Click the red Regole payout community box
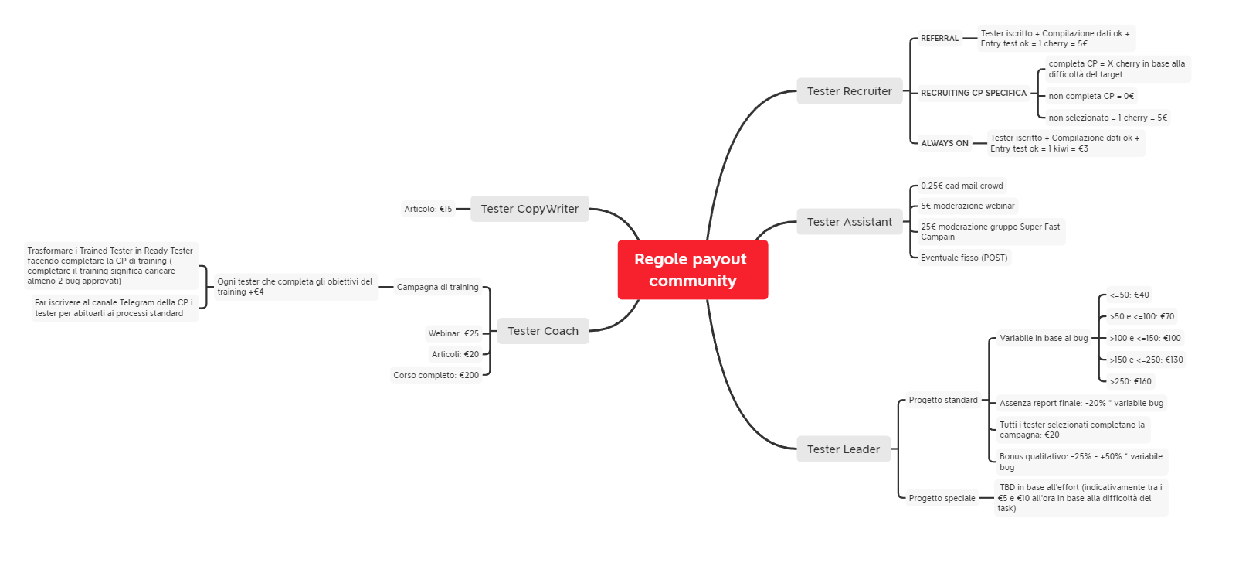(x=693, y=270)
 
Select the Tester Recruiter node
(x=849, y=90)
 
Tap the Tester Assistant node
(x=849, y=221)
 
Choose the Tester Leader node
(x=843, y=449)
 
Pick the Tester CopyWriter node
(x=529, y=209)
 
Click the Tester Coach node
(x=542, y=331)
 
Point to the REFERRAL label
(x=939, y=38)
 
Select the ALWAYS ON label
(x=944, y=143)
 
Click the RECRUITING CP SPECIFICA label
(x=973, y=93)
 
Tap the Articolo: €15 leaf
(x=428, y=210)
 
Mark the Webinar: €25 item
(x=453, y=333)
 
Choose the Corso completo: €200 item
(x=436, y=375)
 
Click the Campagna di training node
(x=437, y=287)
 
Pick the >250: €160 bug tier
(x=1130, y=381)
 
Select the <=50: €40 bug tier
(x=1129, y=295)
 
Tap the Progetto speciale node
(x=942, y=498)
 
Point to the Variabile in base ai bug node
(x=1044, y=338)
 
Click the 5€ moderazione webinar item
(x=967, y=206)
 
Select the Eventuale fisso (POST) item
(x=964, y=258)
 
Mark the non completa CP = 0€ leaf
(x=1091, y=97)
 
